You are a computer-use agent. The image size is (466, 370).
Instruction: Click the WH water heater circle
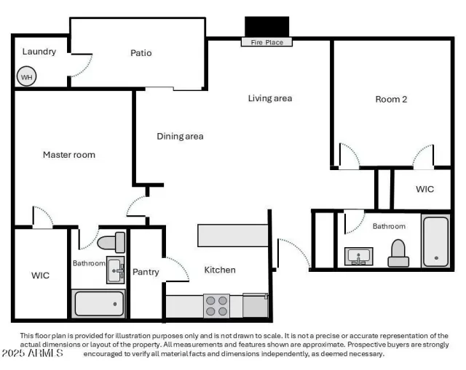click(x=27, y=76)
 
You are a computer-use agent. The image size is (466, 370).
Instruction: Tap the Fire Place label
click(x=266, y=42)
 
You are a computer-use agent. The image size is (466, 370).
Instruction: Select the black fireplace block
click(x=266, y=26)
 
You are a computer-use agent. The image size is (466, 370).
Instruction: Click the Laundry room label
click(x=39, y=52)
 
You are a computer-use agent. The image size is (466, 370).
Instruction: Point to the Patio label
click(x=141, y=53)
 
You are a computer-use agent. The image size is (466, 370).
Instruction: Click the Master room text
click(x=69, y=155)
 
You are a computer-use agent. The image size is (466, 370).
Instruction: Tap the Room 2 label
click(x=391, y=100)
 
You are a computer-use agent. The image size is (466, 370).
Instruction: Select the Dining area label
click(x=180, y=136)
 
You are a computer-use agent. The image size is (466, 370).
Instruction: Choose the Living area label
click(x=269, y=98)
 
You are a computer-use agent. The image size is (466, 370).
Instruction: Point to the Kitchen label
click(x=219, y=270)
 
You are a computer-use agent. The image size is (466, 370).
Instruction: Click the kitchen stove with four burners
click(x=216, y=305)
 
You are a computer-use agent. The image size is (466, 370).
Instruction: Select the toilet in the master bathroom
click(x=111, y=242)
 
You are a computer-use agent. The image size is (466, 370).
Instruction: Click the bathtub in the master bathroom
click(x=99, y=302)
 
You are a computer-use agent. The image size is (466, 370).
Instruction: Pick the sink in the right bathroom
click(x=359, y=257)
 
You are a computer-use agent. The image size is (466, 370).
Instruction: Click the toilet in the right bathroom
click(x=398, y=253)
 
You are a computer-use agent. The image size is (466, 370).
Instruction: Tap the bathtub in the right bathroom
click(x=435, y=241)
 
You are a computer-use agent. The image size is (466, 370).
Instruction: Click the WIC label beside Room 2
click(x=424, y=189)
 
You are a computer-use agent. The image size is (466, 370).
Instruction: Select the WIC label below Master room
click(x=40, y=276)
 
